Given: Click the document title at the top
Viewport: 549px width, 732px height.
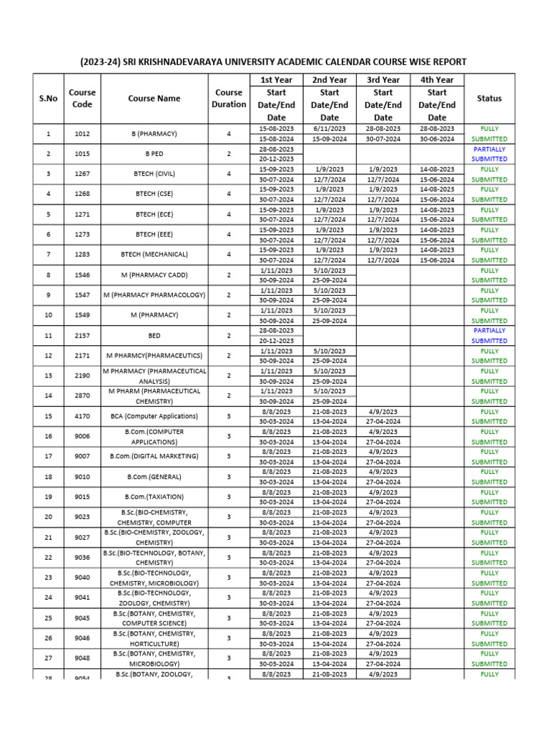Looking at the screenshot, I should [x=274, y=61].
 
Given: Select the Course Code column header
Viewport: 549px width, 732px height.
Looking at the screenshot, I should [x=82, y=99].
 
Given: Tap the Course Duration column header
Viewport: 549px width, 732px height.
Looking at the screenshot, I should [x=229, y=99].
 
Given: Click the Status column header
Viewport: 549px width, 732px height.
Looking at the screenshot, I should [x=489, y=99].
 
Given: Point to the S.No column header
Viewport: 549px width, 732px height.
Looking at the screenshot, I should [x=48, y=99].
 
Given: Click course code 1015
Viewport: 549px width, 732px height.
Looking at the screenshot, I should [x=82, y=154].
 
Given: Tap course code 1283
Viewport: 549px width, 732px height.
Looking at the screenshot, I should [x=82, y=254].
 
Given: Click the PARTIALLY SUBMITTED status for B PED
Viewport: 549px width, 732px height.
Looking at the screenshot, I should [x=489, y=154].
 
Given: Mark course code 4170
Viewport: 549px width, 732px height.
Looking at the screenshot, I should [x=82, y=416].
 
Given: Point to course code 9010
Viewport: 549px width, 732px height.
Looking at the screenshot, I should [x=82, y=477].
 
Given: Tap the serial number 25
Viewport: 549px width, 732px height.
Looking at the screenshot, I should [x=48, y=618].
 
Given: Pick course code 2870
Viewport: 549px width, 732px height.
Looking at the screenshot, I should [x=82, y=396].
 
